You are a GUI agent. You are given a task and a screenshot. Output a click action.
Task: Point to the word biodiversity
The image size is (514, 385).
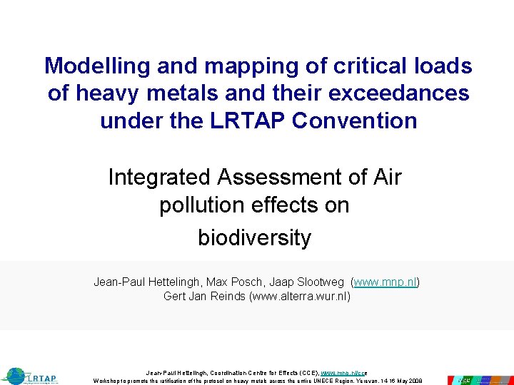click(255, 237)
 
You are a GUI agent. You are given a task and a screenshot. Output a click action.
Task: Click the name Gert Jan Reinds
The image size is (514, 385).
click(204, 296)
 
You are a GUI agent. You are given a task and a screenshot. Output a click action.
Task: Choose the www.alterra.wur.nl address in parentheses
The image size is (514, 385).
click(299, 296)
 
